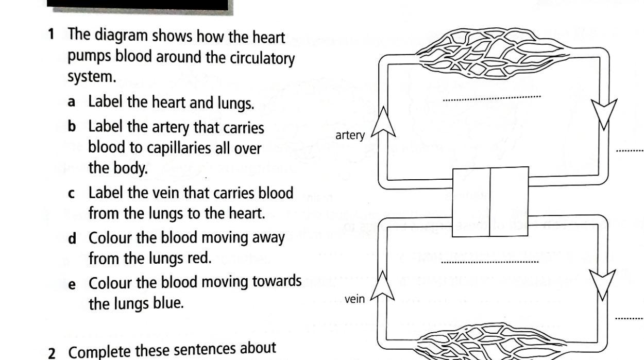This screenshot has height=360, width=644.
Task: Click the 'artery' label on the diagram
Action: tap(350, 136)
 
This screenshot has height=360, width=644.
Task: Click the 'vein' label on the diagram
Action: tap(354, 299)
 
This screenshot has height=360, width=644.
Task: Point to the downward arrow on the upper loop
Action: tap(604, 114)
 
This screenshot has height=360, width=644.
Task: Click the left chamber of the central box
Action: tap(471, 201)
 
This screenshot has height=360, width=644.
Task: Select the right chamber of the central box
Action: tap(509, 201)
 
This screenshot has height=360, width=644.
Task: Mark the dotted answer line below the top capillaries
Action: tap(492, 97)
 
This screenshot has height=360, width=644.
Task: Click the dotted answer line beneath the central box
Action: tap(490, 262)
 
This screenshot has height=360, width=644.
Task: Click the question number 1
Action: tap(51, 36)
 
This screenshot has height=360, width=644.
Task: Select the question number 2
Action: tap(52, 354)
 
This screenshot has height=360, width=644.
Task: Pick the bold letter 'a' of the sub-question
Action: tap(72, 102)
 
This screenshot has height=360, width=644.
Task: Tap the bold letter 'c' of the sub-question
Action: tap(72, 194)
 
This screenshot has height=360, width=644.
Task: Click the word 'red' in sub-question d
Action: tap(200, 257)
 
